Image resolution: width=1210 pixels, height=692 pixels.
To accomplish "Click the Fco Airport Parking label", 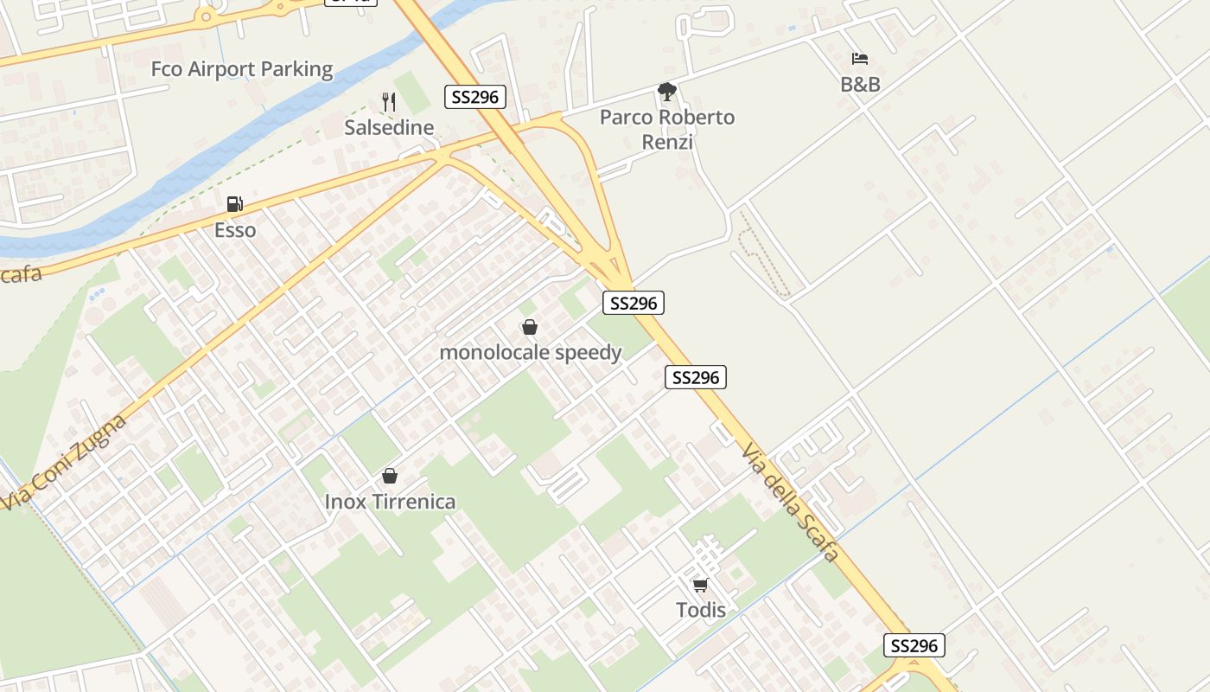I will [x=242, y=69].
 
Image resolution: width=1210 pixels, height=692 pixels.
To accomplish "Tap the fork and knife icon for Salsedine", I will [x=389, y=103].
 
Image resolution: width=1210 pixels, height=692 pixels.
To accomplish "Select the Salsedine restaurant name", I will [x=389, y=128].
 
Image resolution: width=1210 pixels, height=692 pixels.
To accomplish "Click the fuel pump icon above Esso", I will [x=234, y=204].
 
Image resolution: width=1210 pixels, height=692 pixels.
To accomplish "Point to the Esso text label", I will [x=235, y=230].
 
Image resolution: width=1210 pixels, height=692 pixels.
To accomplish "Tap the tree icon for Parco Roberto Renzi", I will [x=666, y=92].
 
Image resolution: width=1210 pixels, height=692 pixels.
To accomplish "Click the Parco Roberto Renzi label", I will [x=667, y=129].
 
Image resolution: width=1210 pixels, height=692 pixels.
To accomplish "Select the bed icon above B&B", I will [x=860, y=59].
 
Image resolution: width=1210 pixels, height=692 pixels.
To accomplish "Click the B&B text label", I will [x=860, y=85].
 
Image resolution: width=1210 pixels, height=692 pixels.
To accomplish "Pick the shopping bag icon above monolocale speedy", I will [x=530, y=327].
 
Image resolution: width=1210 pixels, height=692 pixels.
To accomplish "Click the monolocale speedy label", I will [x=531, y=353].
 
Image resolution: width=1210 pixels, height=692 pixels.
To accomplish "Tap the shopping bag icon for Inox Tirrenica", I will [x=390, y=476].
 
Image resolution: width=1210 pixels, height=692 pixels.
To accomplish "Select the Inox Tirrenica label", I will [x=390, y=502].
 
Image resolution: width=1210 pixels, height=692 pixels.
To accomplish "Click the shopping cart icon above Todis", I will [x=701, y=585].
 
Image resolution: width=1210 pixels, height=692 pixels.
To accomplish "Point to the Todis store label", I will [x=701, y=610].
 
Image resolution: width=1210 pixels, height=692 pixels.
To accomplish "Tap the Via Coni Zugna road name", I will [x=65, y=461].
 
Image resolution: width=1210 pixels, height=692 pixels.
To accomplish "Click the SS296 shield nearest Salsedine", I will [x=475, y=97].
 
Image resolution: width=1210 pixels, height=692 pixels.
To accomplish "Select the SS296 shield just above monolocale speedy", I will [x=634, y=303].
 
